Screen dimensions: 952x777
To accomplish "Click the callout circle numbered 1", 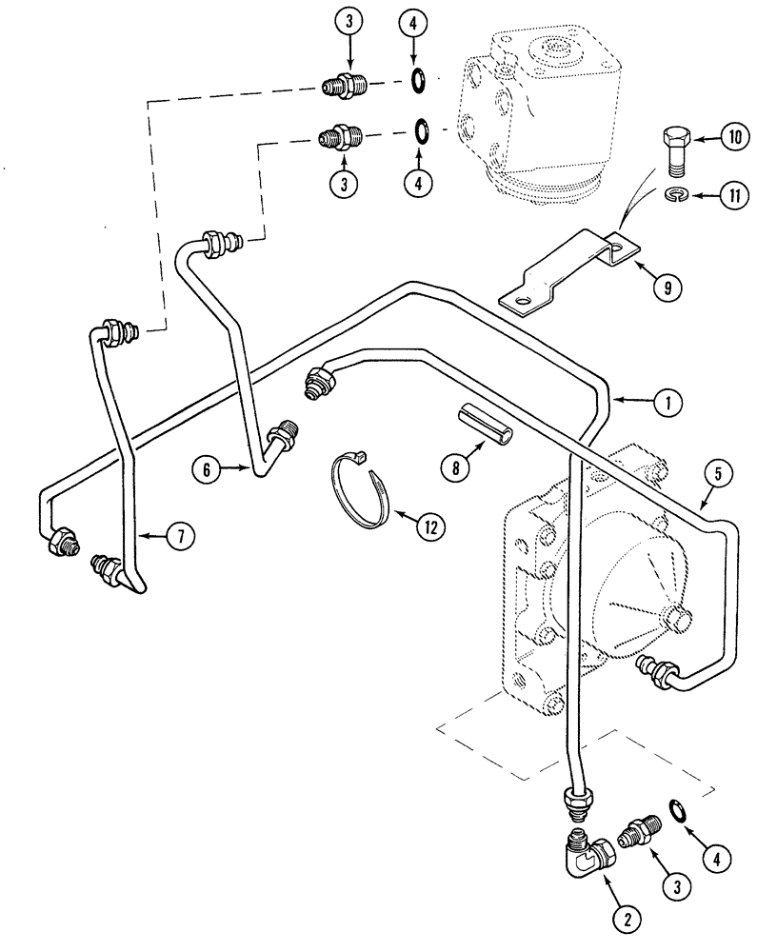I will pos(667,404).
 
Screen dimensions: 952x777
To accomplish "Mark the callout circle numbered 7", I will pos(179,536).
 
